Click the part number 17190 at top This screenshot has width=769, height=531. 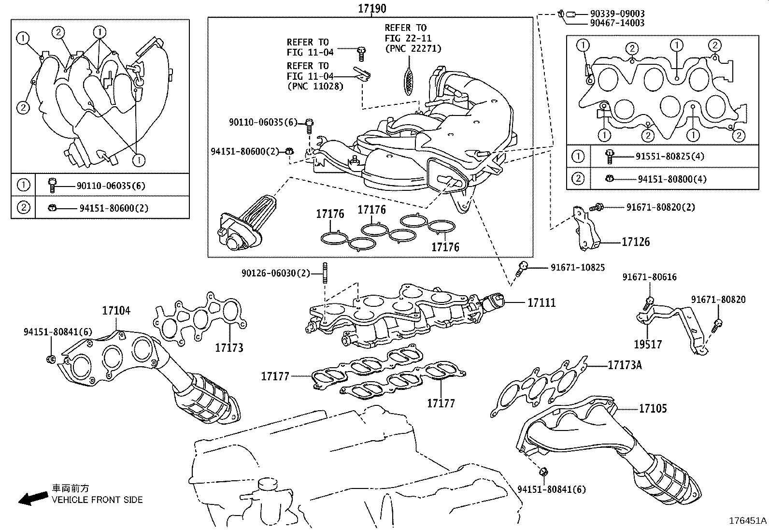(x=371, y=8)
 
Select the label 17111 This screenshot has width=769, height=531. (x=541, y=303)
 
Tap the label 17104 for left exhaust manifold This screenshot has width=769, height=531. (x=116, y=311)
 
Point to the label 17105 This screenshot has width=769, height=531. (x=653, y=409)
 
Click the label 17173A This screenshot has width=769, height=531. (x=625, y=365)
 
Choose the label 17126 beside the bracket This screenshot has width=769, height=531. (x=636, y=242)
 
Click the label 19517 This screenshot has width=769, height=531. (x=648, y=344)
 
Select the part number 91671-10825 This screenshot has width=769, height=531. (x=577, y=267)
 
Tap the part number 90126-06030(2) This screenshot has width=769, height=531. (x=275, y=273)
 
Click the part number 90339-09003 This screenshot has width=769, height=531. (x=617, y=14)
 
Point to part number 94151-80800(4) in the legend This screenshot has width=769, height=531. (x=671, y=179)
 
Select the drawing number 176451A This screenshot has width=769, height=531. (x=747, y=521)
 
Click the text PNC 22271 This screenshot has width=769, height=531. (x=413, y=48)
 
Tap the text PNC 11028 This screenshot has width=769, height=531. (x=315, y=86)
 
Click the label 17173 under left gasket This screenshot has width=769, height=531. (x=229, y=348)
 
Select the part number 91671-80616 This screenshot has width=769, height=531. (x=649, y=277)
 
